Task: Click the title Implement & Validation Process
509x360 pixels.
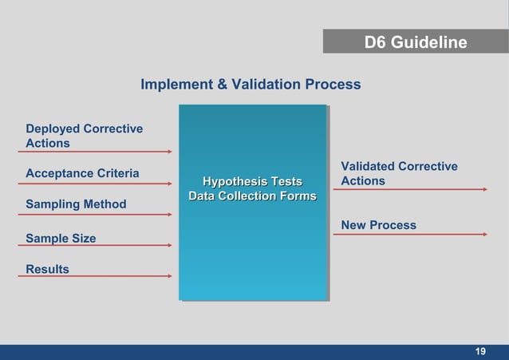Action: click(251, 84)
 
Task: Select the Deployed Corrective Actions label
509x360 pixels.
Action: click(84, 136)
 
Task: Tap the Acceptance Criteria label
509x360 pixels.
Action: click(82, 173)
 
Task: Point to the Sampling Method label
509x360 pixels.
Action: click(76, 204)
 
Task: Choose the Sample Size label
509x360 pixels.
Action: click(61, 238)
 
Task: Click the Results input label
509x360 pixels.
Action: click(47, 269)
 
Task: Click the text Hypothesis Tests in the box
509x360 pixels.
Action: click(252, 182)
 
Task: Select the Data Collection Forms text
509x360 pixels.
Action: click(252, 196)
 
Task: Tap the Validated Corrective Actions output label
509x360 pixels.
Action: click(399, 173)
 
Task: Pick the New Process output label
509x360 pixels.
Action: click(378, 225)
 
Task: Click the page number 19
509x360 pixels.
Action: click(480, 352)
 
